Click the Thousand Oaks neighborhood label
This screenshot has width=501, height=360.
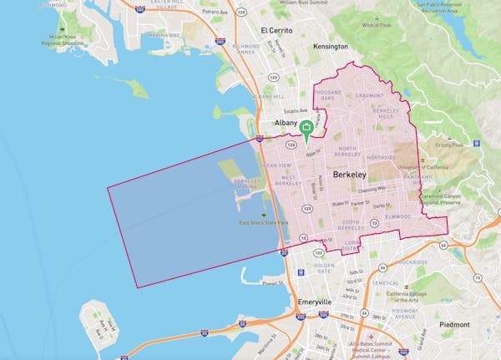(x=329, y=96)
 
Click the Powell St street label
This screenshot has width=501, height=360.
(x=270, y=283)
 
